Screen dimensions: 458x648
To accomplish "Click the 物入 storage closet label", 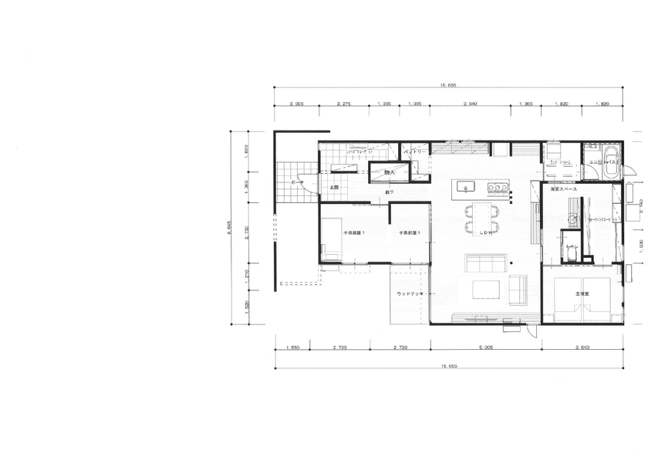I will (x=390, y=172).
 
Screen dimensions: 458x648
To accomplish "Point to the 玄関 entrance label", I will (x=335, y=188).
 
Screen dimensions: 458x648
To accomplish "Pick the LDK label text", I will (x=486, y=232).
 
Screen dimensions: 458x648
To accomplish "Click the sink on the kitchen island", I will (x=465, y=186).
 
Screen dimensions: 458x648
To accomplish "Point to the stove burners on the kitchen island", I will (x=498, y=186).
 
